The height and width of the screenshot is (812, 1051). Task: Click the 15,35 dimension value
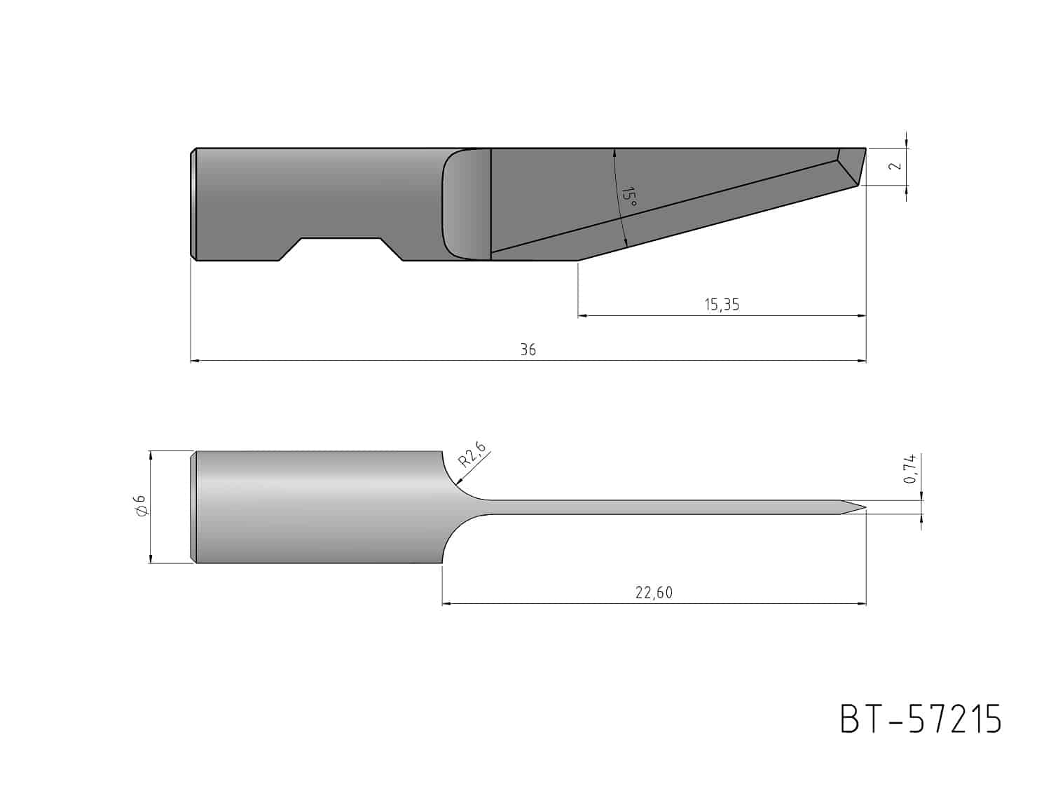[x=722, y=305]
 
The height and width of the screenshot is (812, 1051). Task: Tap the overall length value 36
[x=528, y=350]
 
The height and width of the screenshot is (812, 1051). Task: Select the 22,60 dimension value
[x=654, y=593]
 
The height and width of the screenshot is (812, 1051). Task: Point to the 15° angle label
[x=628, y=197]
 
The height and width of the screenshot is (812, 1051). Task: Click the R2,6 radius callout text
[x=471, y=454]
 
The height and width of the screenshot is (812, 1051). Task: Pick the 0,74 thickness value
[x=909, y=468]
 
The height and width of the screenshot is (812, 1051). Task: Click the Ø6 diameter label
[x=141, y=506]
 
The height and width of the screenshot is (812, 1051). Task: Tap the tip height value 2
[x=896, y=165]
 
